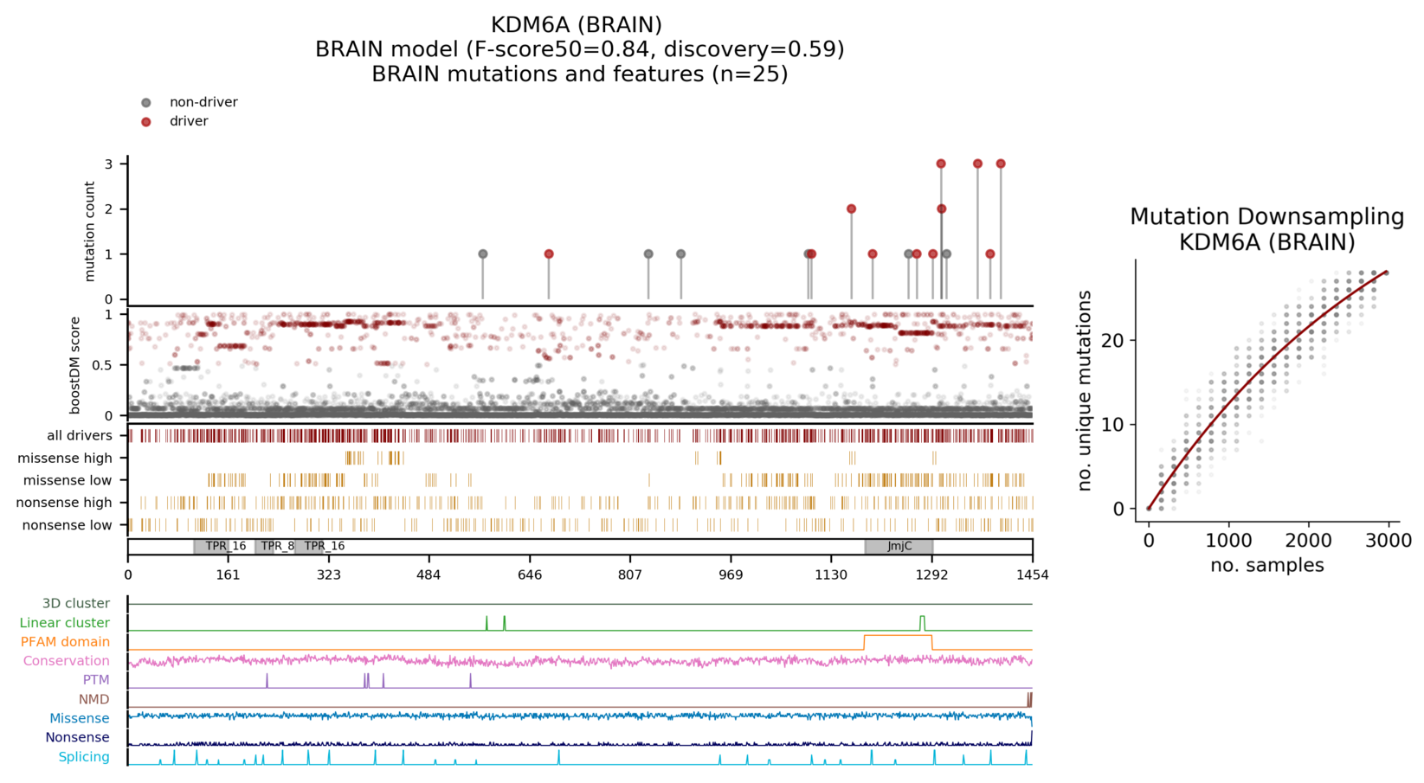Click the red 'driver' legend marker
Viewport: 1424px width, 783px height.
[x=146, y=122]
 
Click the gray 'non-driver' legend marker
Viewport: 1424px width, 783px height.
[x=146, y=103]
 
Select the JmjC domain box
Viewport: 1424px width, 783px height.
[x=899, y=546]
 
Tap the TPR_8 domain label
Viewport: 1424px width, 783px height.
[x=278, y=546]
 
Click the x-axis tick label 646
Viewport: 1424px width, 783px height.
[x=530, y=574]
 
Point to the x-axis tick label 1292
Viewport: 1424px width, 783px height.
[x=931, y=574]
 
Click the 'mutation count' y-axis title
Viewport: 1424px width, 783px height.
[x=90, y=231]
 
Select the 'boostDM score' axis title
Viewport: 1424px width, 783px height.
[x=75, y=364]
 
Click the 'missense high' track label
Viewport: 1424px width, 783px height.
[x=65, y=458]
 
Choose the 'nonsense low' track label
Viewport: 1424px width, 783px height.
[x=67, y=525]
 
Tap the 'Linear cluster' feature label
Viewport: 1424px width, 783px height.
[x=65, y=623]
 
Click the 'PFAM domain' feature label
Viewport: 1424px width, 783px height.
[x=65, y=642]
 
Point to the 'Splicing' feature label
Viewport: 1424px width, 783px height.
[x=84, y=757]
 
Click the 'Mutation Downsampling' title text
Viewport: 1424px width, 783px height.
[x=1266, y=217]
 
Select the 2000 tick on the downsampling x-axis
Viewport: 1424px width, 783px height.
[x=1308, y=541]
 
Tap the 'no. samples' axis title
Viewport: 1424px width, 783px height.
[x=1266, y=566]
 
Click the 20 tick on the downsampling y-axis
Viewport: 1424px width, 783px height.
[x=1112, y=340]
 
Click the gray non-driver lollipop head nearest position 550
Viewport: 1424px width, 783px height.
[x=483, y=254]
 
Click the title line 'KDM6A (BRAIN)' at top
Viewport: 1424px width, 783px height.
[x=577, y=25]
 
